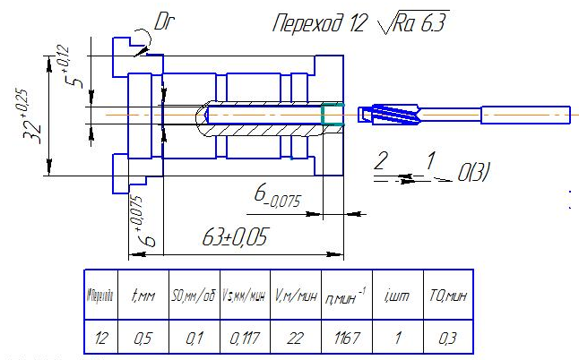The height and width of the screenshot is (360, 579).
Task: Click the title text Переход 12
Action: pos(320,23)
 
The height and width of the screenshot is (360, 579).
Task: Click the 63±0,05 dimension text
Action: pos(223,238)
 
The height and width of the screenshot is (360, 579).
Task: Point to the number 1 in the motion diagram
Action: pos(431,161)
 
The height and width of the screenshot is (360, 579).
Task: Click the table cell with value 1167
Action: pos(345,339)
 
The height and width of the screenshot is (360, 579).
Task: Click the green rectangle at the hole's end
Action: pos(333,115)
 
